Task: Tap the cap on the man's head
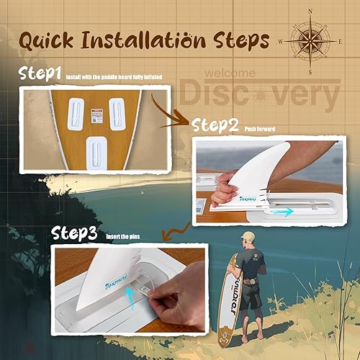click(248, 235)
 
